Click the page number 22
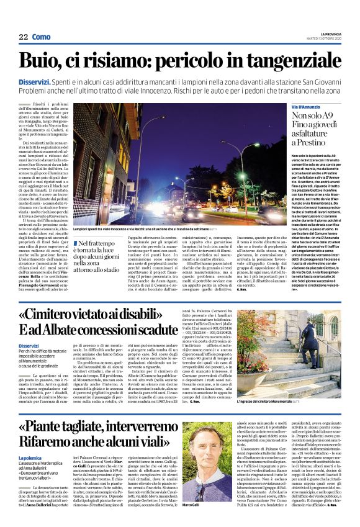pos(24,38)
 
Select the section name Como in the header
pos(42,38)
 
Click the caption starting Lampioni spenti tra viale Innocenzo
pos(143,229)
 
